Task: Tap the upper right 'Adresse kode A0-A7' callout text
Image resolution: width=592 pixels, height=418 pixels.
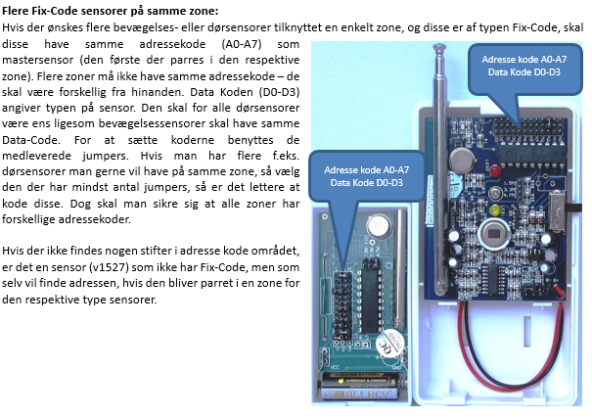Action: point(524,60)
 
